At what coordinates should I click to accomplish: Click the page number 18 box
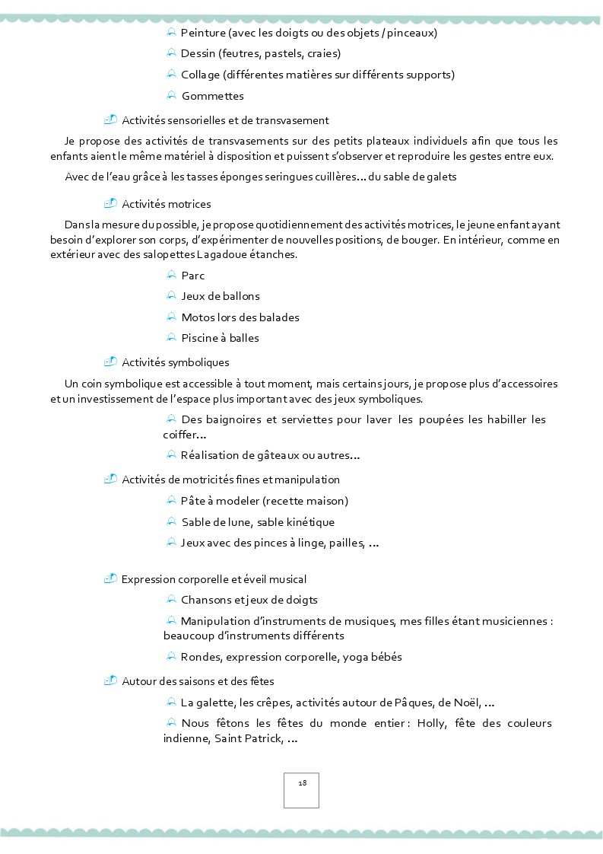301,790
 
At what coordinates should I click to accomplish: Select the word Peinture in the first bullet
203,33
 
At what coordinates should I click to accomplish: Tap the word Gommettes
213,96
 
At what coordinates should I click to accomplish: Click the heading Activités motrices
167,204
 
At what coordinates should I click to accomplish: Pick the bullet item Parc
193,276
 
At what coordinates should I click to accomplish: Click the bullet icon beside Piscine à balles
171,337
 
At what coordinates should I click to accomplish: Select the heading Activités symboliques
175,362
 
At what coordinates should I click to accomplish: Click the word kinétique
309,522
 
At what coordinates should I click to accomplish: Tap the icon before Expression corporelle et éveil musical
111,578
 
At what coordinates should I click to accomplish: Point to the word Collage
199,75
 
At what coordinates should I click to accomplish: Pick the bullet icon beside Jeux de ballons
171,295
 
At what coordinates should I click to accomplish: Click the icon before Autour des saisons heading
111,680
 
